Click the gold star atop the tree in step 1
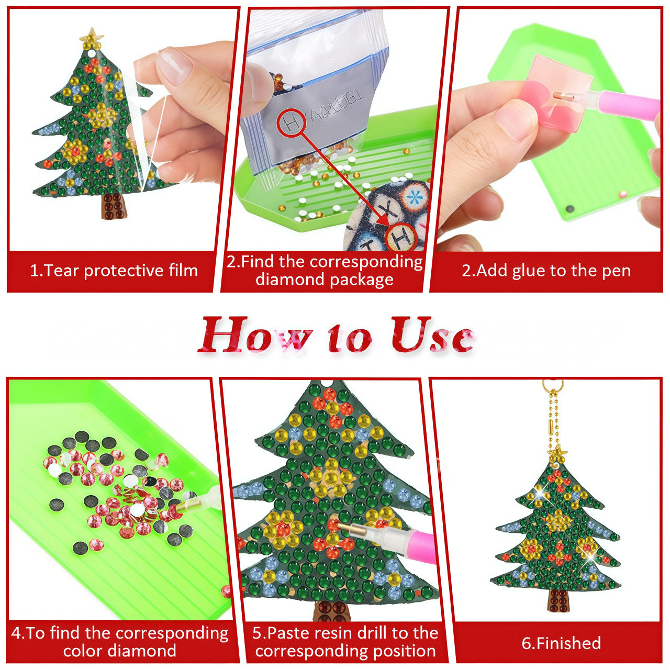[92, 37]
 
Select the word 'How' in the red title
[255, 334]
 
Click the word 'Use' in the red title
[432, 334]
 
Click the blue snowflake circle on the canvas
[414, 197]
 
